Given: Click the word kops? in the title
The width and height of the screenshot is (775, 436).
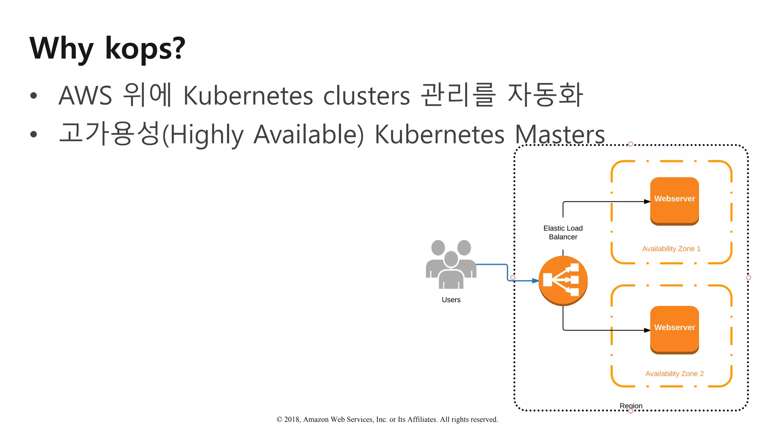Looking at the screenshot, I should click(145, 48).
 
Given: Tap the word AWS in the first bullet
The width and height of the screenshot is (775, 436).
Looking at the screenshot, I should click(86, 95).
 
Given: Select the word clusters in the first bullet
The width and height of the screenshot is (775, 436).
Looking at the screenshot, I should click(366, 95).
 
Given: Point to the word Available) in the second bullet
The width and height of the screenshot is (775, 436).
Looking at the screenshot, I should click(308, 134).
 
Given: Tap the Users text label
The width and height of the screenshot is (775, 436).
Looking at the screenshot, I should click(451, 300).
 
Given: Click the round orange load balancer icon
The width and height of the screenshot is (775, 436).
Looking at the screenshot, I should click(563, 280).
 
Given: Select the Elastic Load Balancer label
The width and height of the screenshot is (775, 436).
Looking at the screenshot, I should click(563, 232).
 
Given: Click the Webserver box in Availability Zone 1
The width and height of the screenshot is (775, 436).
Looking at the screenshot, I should click(674, 201).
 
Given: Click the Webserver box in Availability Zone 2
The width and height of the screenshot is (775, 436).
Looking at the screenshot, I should click(674, 329).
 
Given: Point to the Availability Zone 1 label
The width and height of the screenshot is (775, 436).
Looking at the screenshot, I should click(671, 249).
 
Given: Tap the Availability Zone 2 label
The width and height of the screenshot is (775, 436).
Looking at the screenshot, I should click(674, 374).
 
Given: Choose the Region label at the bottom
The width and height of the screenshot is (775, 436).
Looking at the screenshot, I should click(631, 406).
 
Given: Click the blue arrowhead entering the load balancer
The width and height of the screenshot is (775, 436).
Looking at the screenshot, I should click(535, 281).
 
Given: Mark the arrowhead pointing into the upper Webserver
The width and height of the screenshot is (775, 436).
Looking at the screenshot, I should click(647, 202).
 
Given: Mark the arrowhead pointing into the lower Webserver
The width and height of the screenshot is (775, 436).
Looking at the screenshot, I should click(647, 330).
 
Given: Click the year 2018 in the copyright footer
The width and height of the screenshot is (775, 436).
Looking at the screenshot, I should click(292, 419).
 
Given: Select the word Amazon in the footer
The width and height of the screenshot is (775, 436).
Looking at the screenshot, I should click(316, 419).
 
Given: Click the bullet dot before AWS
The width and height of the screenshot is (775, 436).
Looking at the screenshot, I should click(34, 95).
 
